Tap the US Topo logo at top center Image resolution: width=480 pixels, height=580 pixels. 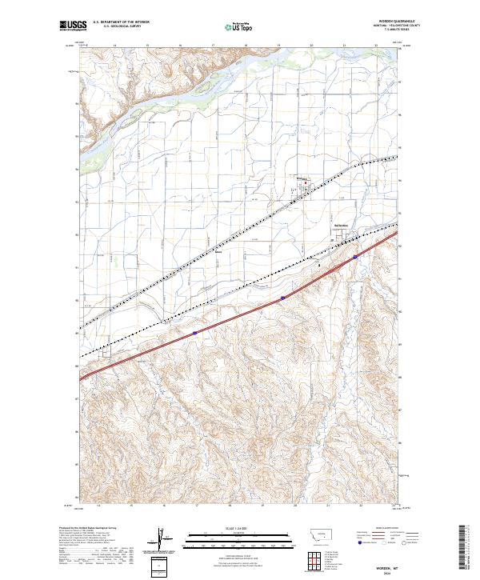[233, 26]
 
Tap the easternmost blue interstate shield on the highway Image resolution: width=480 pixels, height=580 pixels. [354, 258]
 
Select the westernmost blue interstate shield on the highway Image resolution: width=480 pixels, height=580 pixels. [194, 333]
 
